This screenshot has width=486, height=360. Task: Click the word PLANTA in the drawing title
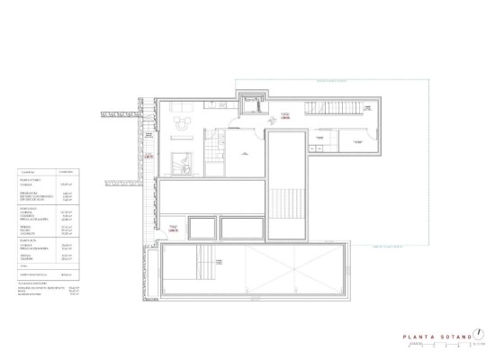pos(418,339)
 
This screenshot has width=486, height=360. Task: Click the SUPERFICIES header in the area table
pos(27,170)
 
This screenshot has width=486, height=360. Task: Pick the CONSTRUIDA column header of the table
pos(66,170)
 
